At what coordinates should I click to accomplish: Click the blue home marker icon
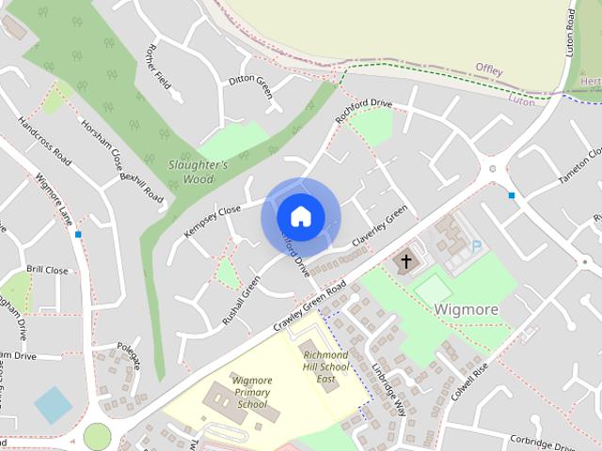coord(300,217)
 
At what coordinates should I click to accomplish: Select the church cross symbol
coord(407,260)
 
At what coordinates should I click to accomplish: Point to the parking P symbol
coord(476,246)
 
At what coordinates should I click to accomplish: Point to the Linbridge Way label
coord(388,387)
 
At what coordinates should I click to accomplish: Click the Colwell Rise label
coord(471,382)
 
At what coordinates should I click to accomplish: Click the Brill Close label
coord(47,270)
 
